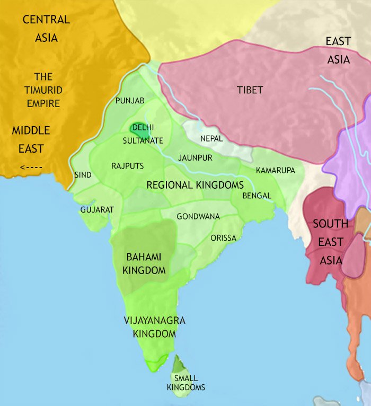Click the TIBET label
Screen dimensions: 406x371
pyautogui.click(x=250, y=90)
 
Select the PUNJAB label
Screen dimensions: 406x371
pyautogui.click(x=130, y=100)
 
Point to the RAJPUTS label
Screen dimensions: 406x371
pyautogui.click(x=127, y=166)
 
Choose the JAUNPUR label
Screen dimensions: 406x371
pyautogui.click(x=195, y=158)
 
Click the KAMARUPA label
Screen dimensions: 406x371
pyautogui.click(x=275, y=170)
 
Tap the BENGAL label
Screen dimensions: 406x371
pyautogui.click(x=257, y=196)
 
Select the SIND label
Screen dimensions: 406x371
pyautogui.click(x=83, y=175)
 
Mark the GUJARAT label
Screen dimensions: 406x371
pyautogui.click(x=97, y=210)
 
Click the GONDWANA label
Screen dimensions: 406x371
pyautogui.click(x=198, y=216)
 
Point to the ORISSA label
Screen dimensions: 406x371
pyautogui.click(x=223, y=237)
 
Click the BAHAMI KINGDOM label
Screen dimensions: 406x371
pyautogui.click(x=144, y=263)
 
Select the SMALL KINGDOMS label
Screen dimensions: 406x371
pyautogui.click(x=185, y=383)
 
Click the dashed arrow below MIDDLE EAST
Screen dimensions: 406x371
pyautogui.click(x=30, y=169)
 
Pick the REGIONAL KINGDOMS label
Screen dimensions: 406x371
pyautogui.click(x=195, y=186)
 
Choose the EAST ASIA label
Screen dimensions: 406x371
pyautogui.click(x=338, y=50)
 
